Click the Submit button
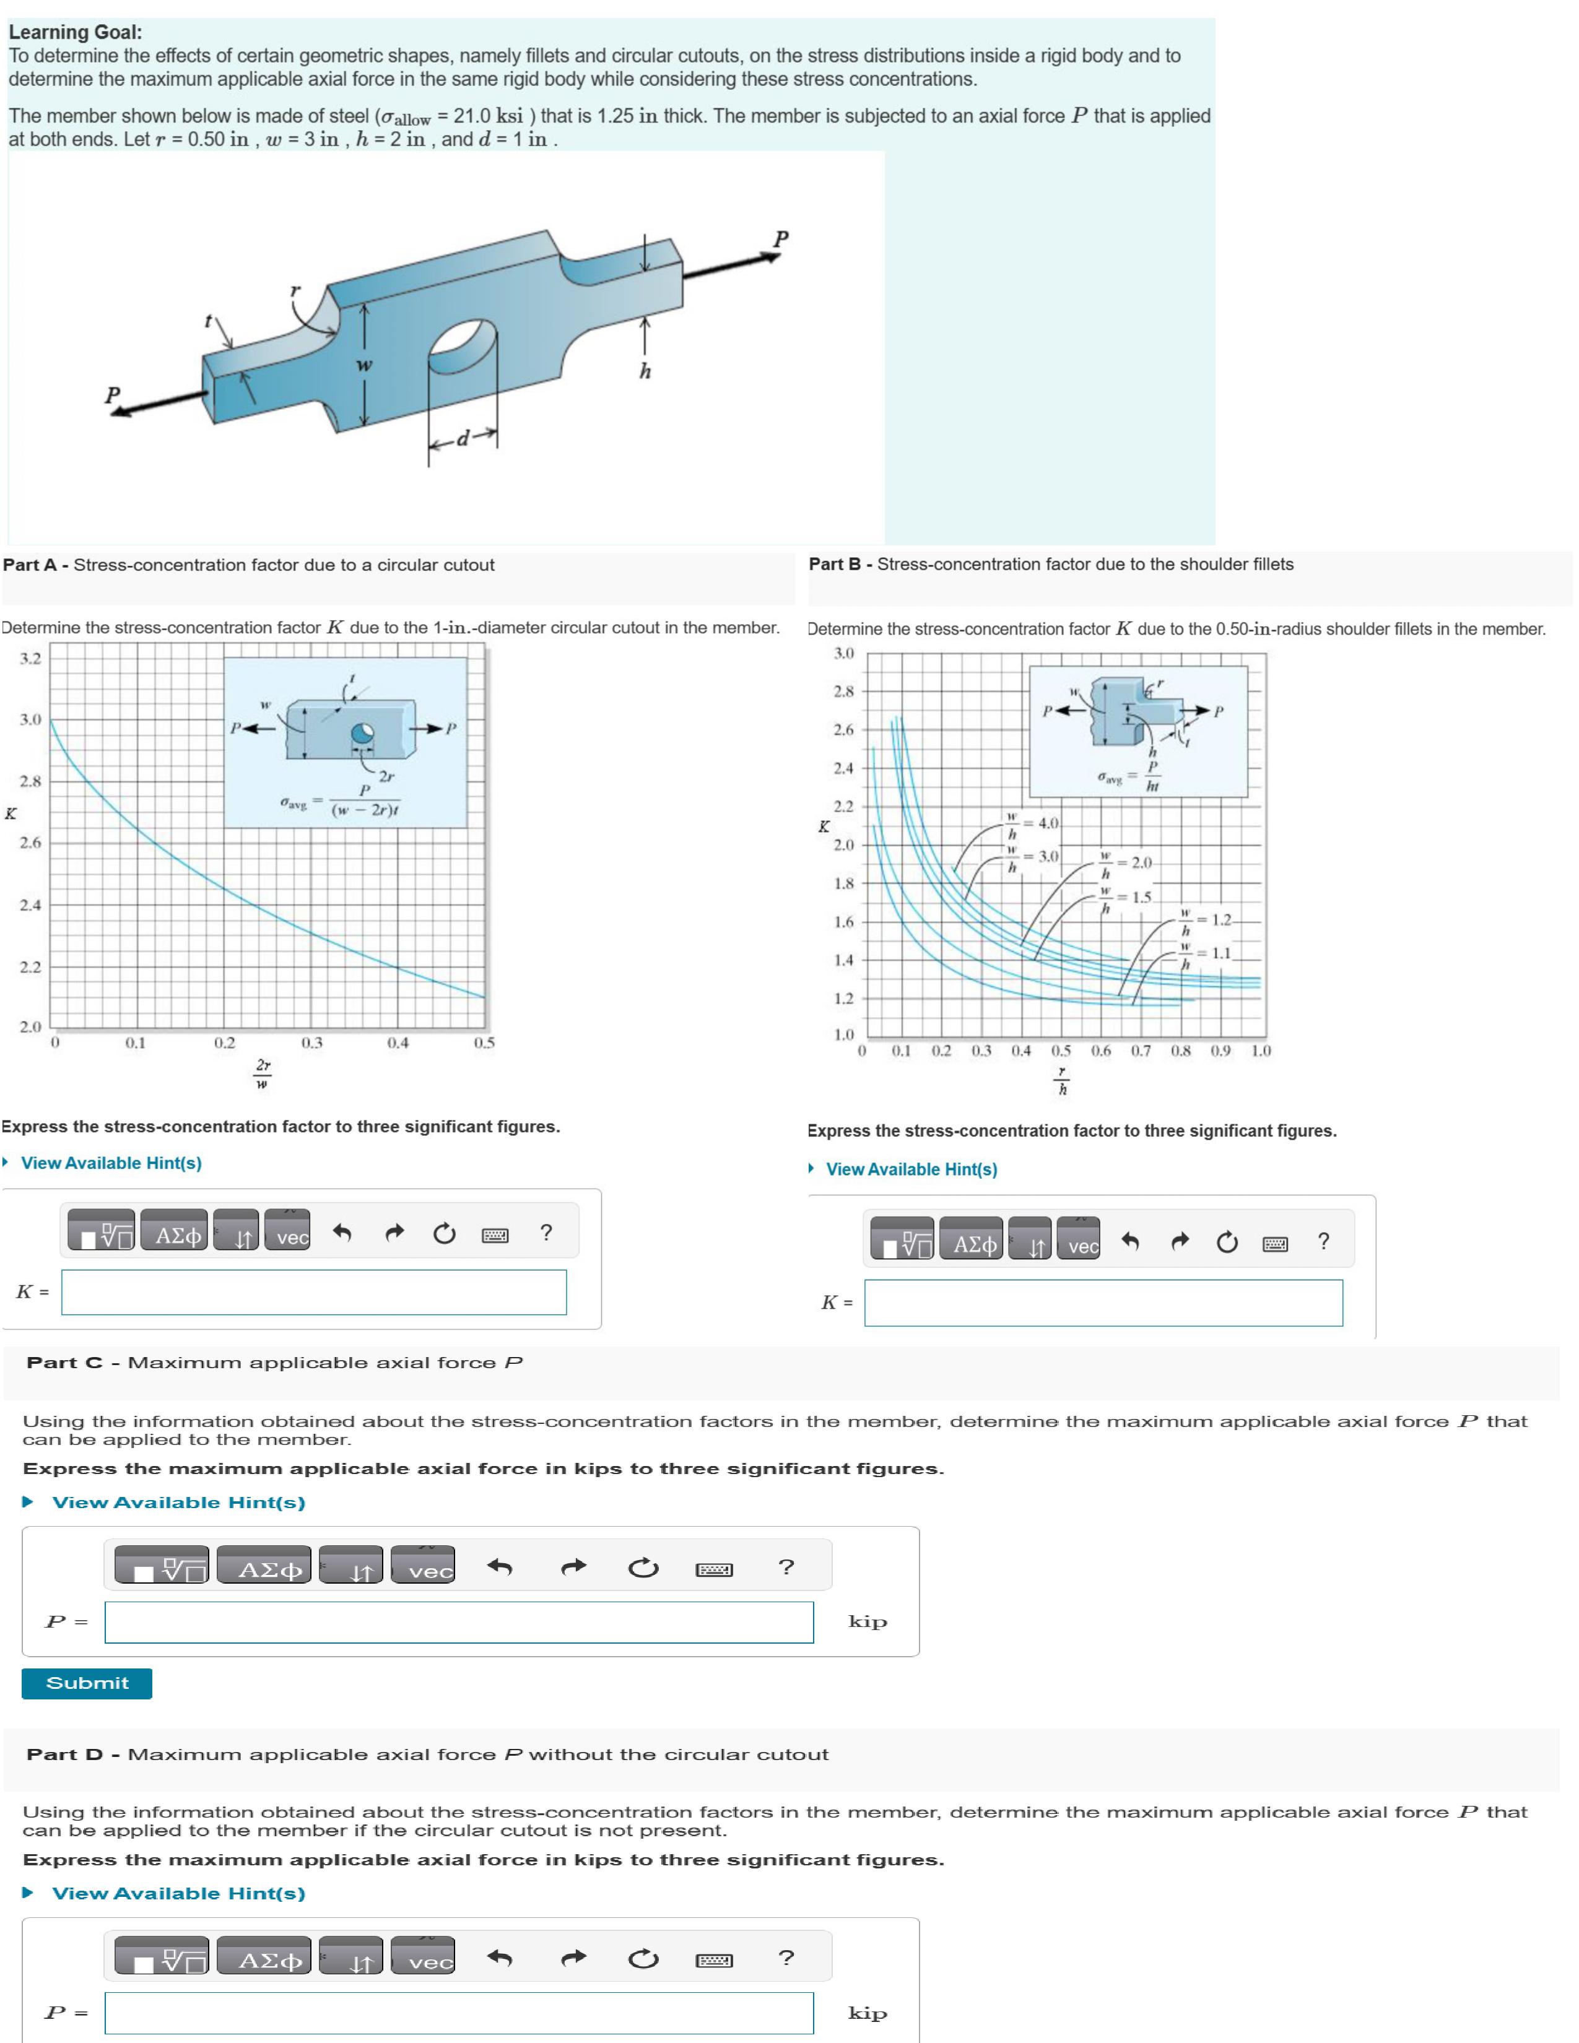point(86,1683)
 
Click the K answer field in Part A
point(313,1292)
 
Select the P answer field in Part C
point(458,1622)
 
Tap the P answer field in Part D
point(458,2012)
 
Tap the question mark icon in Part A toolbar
point(546,1233)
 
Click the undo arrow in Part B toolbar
point(1130,1243)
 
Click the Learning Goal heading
point(75,32)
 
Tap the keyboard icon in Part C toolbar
point(714,1569)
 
